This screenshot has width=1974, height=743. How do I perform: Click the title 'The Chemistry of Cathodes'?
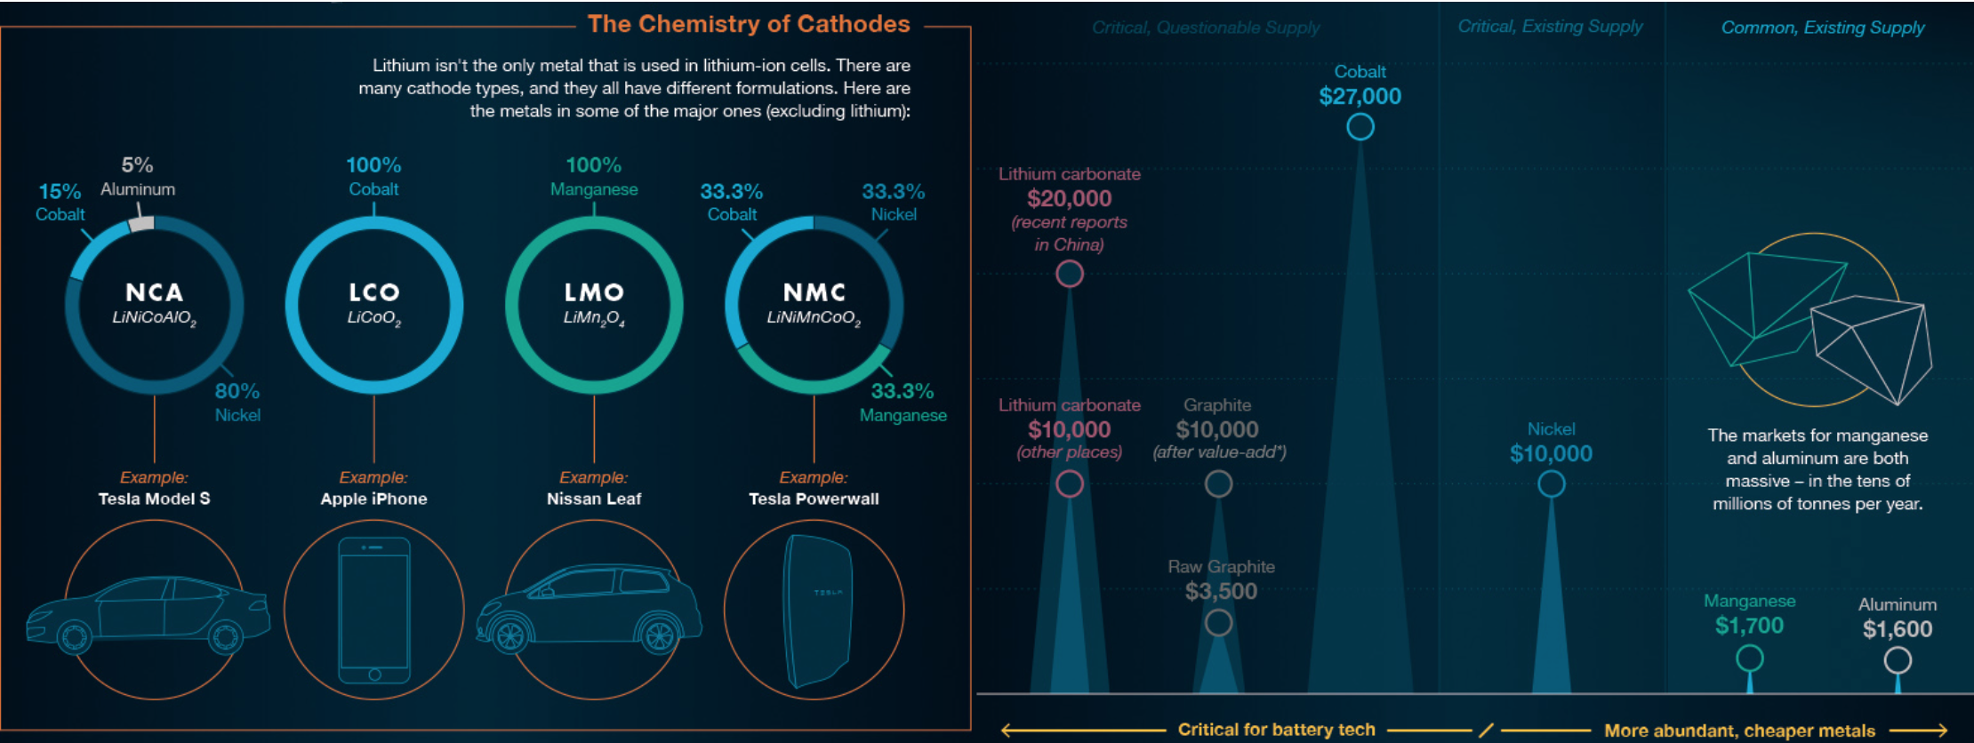749,24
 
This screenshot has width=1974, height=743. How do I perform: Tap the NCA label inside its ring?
154,292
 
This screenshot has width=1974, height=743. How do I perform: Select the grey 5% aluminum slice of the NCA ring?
141,222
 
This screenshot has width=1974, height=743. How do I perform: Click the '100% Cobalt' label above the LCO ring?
373,176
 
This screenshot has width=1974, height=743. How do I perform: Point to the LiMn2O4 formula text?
594,318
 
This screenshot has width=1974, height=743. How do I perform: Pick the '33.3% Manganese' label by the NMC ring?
903,402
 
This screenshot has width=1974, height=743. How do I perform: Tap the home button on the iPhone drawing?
374,675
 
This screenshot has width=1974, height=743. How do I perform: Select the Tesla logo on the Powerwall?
828,592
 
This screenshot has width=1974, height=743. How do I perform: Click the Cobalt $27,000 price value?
1360,96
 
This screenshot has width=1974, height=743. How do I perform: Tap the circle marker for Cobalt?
1360,127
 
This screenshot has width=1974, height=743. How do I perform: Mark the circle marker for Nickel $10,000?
1551,484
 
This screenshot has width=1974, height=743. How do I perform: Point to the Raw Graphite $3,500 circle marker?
1218,623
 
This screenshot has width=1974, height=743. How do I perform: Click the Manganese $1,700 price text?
1749,626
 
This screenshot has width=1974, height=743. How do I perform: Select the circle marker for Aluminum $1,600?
1898,660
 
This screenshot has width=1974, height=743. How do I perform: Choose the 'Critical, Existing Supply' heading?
1550,27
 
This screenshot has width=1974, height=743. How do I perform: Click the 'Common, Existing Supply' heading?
1823,28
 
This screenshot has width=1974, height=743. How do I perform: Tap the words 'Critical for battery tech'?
1276,730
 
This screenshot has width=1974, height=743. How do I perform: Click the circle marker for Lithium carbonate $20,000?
1070,274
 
